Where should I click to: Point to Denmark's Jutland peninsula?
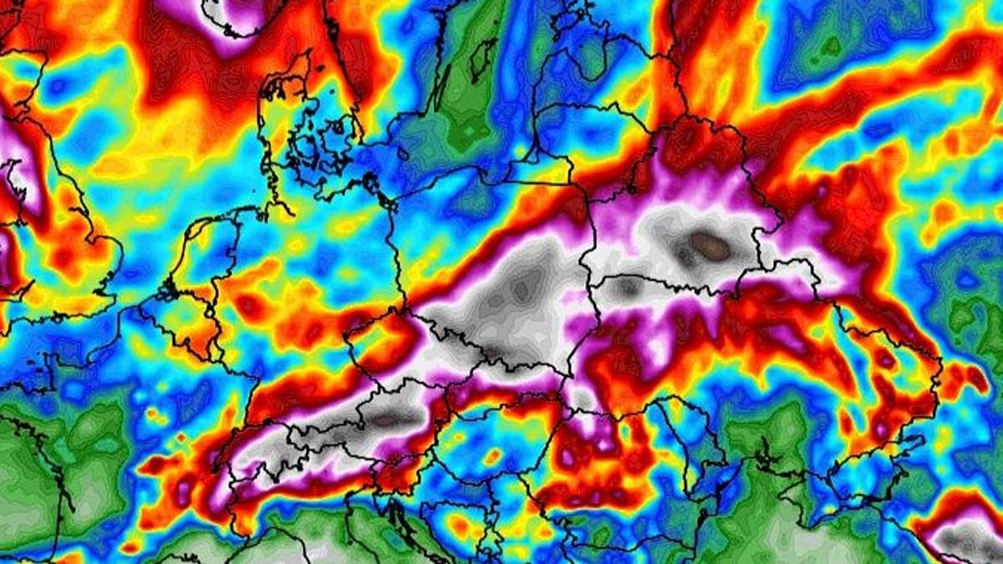[280, 117]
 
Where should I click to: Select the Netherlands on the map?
[201, 251]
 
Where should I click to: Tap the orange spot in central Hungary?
[494, 456]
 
